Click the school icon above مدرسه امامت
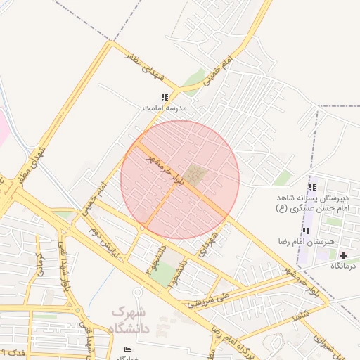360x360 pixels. click(165, 98)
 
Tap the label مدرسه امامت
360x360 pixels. click(165, 108)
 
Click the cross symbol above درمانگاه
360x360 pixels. click(343, 255)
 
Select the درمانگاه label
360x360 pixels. click(345, 266)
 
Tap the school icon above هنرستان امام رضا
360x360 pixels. click(306, 231)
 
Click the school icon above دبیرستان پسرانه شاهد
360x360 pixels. click(312, 187)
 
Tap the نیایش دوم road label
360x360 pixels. click(101, 242)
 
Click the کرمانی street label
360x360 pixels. click(39, 265)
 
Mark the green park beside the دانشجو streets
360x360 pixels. click(164, 275)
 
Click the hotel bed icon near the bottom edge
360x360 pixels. click(127, 349)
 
